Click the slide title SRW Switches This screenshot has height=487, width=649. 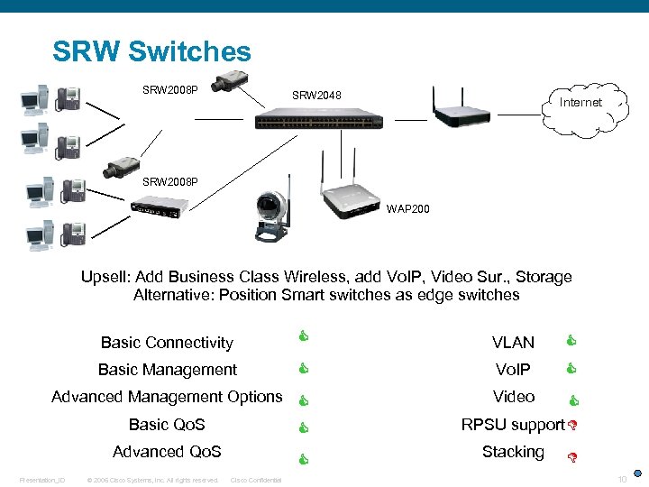[151, 51]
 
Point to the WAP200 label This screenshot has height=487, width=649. [408, 209]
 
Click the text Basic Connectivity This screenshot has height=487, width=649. [167, 343]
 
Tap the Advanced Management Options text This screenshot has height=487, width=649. [167, 397]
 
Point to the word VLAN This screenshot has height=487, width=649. [513, 343]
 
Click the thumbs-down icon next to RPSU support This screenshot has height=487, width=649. [571, 425]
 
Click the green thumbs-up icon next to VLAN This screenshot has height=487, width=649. [571, 341]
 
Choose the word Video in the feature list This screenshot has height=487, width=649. [513, 397]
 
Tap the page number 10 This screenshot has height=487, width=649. [621, 478]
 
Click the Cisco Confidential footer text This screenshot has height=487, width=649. [256, 480]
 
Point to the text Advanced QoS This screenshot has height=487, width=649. [167, 452]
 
